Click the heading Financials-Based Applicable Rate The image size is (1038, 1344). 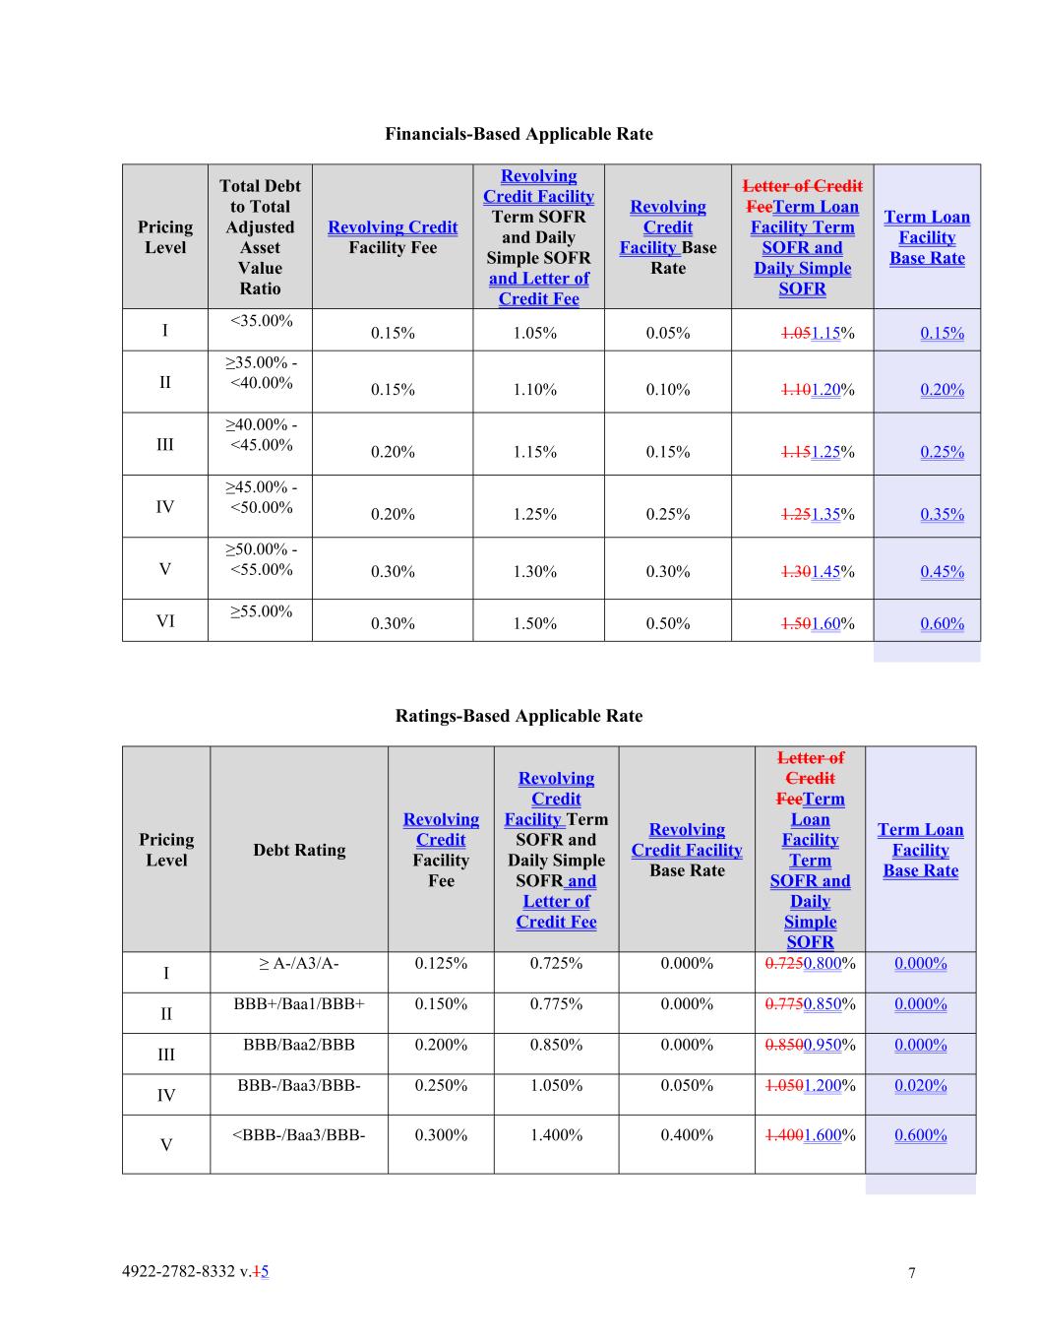519,134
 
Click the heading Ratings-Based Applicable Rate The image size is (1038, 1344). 519,716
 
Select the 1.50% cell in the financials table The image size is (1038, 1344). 534,623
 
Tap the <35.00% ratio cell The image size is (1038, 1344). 261,321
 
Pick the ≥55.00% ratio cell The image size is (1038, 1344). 261,611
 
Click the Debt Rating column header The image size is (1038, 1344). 299,850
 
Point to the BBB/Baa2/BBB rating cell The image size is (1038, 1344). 299,1045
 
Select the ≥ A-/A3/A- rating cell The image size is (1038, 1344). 299,963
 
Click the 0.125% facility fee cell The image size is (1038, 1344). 441,963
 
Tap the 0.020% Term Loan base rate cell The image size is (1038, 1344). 920,1085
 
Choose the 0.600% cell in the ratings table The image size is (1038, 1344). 920,1135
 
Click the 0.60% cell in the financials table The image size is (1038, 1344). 942,623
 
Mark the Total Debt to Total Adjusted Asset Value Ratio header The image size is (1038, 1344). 260,237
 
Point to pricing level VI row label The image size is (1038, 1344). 165,621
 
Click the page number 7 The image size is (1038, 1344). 911,1273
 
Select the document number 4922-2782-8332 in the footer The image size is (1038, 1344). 180,1271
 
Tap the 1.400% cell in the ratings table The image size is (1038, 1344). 556,1135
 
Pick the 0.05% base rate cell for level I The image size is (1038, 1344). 667,333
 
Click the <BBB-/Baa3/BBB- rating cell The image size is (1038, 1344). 299,1135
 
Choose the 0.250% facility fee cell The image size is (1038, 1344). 441,1085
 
